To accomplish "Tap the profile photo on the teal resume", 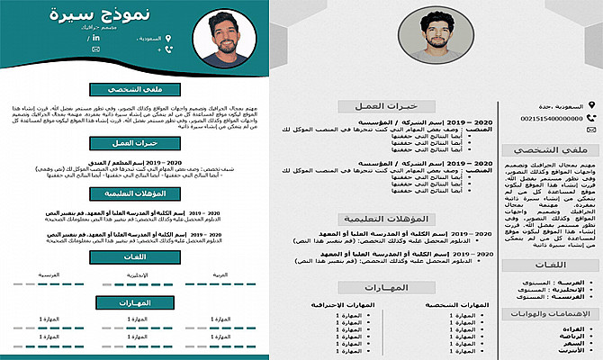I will point(230,38).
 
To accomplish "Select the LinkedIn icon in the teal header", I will point(165,62).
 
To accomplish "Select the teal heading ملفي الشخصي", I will point(135,90).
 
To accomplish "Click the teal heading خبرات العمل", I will point(135,144).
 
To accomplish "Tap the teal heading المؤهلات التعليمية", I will point(135,193).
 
